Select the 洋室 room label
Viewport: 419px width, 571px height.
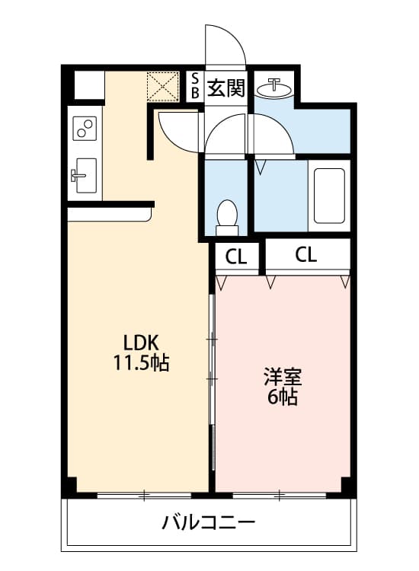pos(283,376)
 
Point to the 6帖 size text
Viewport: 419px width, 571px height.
pos(282,397)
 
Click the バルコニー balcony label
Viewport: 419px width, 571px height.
pos(207,523)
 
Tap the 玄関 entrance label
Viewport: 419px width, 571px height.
pos(226,88)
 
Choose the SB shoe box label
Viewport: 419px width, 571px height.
pos(194,85)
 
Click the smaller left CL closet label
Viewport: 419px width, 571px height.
pos(236,257)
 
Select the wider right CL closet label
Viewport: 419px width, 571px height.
pos(305,255)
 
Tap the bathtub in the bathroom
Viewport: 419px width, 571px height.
pos(329,195)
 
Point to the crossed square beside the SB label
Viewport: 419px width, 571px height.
pos(162,86)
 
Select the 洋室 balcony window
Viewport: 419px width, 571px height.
pos(279,496)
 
